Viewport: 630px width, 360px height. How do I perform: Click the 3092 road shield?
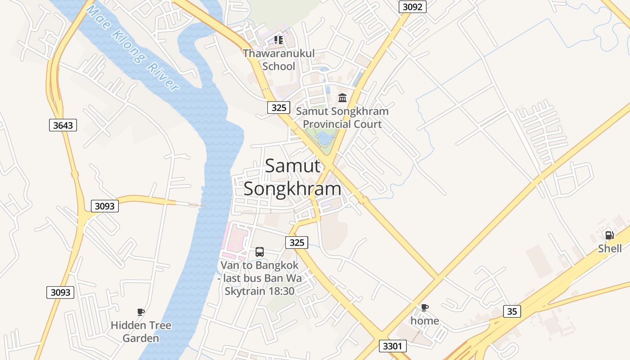[412, 7]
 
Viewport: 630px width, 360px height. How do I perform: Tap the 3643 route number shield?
[63, 125]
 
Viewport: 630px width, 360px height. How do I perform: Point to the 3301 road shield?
[393, 346]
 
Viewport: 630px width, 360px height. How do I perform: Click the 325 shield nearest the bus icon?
[297, 243]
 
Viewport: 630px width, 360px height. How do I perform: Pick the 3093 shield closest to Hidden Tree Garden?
[60, 292]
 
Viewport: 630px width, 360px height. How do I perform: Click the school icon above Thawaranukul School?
[279, 40]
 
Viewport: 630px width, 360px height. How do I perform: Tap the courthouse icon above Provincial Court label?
[342, 98]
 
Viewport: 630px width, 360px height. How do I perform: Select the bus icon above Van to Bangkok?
[260, 252]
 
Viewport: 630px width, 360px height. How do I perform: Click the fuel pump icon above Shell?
[610, 235]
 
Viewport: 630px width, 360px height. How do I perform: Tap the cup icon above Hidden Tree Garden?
[141, 312]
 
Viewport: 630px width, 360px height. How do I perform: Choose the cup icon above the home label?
[424, 307]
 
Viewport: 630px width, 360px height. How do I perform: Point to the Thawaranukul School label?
[279, 60]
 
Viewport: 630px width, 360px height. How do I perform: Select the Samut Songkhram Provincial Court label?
[342, 117]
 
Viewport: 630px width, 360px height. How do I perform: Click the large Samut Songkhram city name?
[292, 177]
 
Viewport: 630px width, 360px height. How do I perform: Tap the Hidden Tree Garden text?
[141, 332]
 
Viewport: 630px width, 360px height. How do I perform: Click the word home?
[424, 321]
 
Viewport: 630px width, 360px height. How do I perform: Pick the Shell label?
[610, 248]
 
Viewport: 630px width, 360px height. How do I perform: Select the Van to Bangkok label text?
[260, 278]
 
